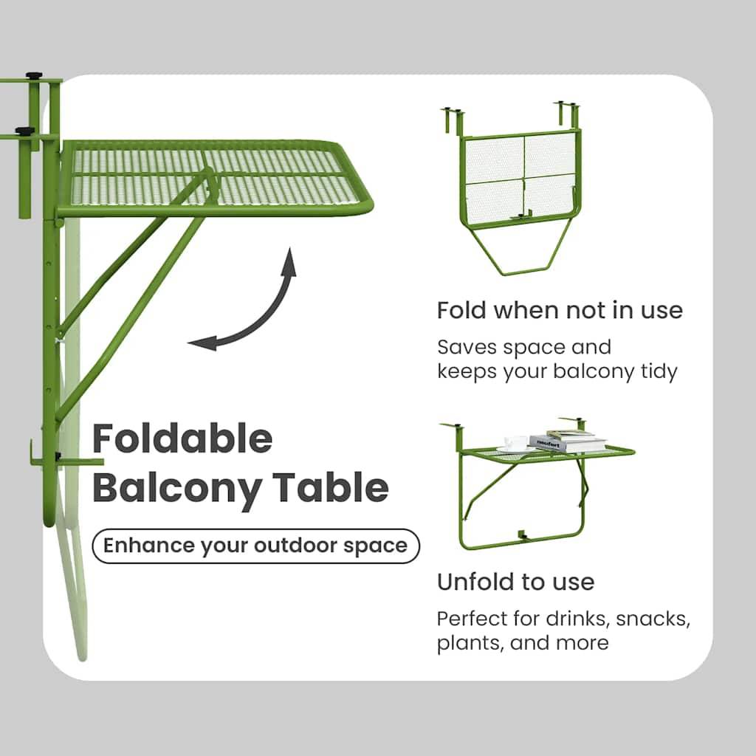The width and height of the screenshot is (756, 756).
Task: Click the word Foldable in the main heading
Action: [x=182, y=438]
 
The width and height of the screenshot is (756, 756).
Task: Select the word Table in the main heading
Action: [x=331, y=487]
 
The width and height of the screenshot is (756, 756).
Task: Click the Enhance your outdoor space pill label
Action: [x=255, y=546]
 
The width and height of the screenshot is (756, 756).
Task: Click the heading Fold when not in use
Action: [x=560, y=310]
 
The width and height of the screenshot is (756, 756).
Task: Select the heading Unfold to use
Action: [x=515, y=582]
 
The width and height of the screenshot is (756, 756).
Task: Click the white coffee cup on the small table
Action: [x=515, y=443]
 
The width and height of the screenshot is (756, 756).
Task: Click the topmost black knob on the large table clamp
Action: [x=34, y=76]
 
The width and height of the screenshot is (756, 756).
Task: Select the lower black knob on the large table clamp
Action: [x=24, y=131]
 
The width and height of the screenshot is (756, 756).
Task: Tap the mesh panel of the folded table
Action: [x=520, y=176]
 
